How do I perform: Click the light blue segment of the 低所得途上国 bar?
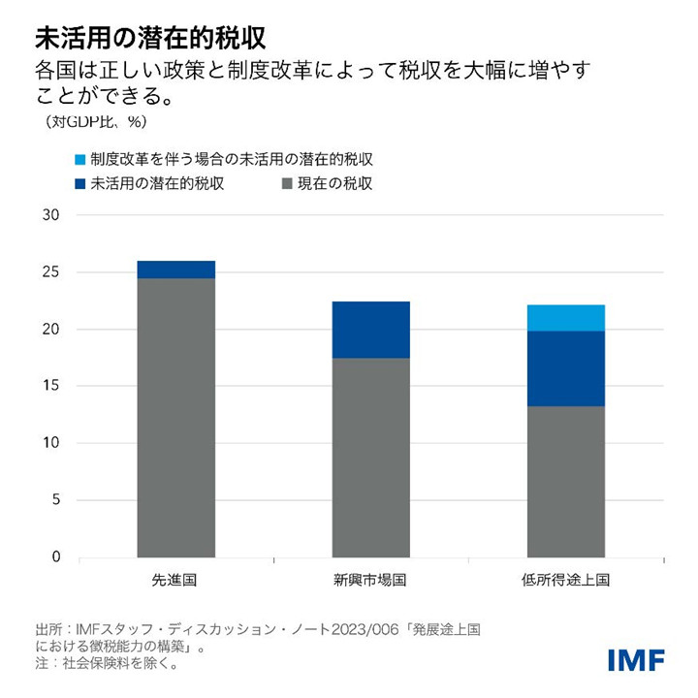tap(565, 318)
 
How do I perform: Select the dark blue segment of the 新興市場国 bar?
tap(370, 330)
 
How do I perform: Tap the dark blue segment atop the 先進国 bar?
tap(176, 270)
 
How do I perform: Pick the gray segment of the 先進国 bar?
tap(176, 417)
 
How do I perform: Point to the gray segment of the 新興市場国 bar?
tap(370, 458)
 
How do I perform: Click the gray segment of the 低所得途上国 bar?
tap(565, 481)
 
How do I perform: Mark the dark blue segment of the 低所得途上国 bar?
tap(565, 368)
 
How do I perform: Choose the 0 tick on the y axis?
tap(55, 557)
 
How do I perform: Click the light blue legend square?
tap(79, 159)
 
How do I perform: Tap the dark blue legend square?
tap(79, 183)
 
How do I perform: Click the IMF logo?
tap(636, 660)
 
